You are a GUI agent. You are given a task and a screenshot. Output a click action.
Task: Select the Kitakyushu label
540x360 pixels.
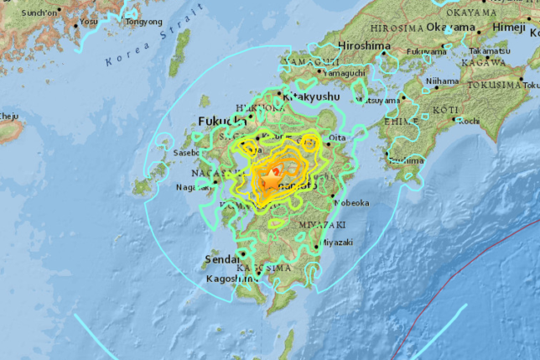(x=311, y=97)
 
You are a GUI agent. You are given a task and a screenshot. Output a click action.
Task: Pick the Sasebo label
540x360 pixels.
(x=186, y=154)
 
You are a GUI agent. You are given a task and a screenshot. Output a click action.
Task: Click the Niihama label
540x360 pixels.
(x=443, y=81)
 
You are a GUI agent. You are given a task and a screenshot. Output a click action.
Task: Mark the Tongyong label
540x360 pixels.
(x=143, y=22)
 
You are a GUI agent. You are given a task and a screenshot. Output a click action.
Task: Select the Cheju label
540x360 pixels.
(x=8, y=115)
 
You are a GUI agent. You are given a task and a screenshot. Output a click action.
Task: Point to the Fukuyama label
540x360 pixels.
(x=426, y=51)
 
